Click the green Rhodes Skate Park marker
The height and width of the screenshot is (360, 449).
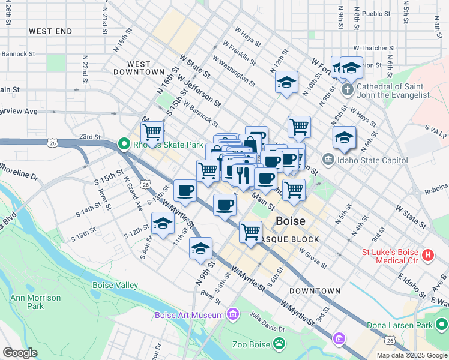click(x=124, y=144)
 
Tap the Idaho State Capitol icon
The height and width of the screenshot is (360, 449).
click(x=328, y=160)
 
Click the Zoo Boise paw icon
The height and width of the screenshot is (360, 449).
click(x=279, y=344)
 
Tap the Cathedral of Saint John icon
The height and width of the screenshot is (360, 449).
click(x=346, y=90)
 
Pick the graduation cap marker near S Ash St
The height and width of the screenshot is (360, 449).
click(x=161, y=225)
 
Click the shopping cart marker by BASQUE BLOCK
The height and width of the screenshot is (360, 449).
click(x=250, y=230)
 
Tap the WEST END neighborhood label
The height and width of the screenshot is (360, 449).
click(x=50, y=31)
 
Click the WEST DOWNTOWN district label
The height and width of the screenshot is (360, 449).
click(x=139, y=68)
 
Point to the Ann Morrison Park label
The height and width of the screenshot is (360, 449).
click(x=35, y=302)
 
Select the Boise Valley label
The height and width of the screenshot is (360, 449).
click(x=115, y=286)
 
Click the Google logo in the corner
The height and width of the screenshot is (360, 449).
click(x=20, y=352)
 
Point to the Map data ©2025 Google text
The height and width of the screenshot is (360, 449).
click(x=411, y=355)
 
